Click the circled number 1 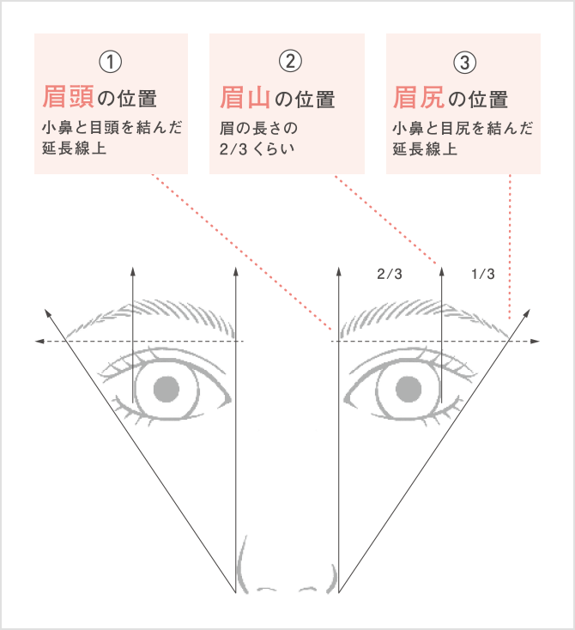(111, 62)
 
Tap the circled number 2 (290, 61)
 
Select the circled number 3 (465, 63)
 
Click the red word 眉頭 (69, 97)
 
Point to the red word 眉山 (245, 98)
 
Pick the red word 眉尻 (419, 98)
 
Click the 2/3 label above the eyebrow (390, 274)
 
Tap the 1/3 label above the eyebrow (483, 274)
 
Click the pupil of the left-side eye (166, 390)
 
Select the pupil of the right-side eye (409, 390)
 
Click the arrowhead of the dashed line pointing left (39, 341)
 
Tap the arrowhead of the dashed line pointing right (536, 341)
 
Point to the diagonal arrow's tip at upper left (45, 310)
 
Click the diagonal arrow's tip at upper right (530, 310)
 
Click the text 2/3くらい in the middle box (257, 149)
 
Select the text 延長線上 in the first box (75, 148)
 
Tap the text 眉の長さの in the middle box (258, 129)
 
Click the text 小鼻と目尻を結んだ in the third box (463, 129)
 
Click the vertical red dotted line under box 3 (510, 246)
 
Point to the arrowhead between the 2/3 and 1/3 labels (442, 271)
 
